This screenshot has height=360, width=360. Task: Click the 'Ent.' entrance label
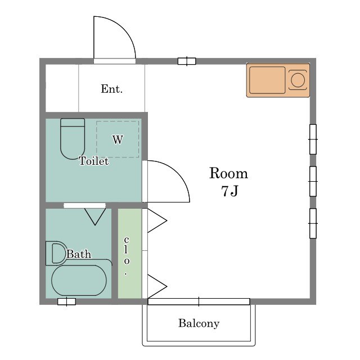point(111,89)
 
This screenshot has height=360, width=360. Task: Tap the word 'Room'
point(228,173)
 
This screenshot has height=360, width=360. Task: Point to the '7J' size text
point(230,191)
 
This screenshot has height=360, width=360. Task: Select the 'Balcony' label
point(199,323)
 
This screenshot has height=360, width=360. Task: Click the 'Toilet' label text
point(94,161)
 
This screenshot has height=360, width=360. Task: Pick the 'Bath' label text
point(79,254)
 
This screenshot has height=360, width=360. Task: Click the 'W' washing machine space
point(118,139)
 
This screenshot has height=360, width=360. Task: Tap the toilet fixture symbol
point(73,139)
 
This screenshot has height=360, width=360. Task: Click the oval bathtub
point(79,280)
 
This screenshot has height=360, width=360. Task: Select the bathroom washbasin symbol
point(56,253)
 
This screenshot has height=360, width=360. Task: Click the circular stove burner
point(298,80)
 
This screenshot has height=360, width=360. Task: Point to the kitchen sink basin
point(267,80)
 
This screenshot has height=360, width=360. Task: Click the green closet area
point(130,254)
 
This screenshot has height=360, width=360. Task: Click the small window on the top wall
point(187,61)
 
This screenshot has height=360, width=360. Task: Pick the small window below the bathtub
point(66,301)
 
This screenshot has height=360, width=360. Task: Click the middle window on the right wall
point(313,181)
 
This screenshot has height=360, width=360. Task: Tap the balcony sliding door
point(199,301)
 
